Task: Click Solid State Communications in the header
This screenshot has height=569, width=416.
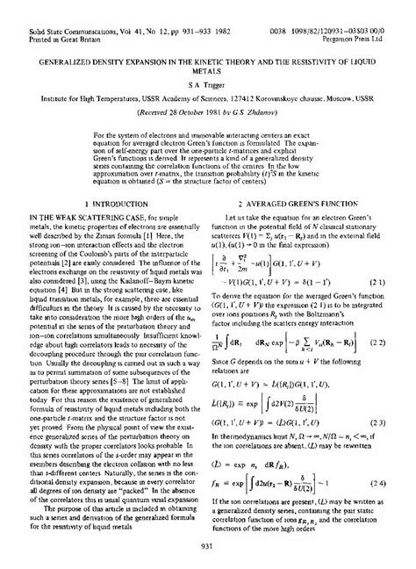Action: [53, 6]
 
